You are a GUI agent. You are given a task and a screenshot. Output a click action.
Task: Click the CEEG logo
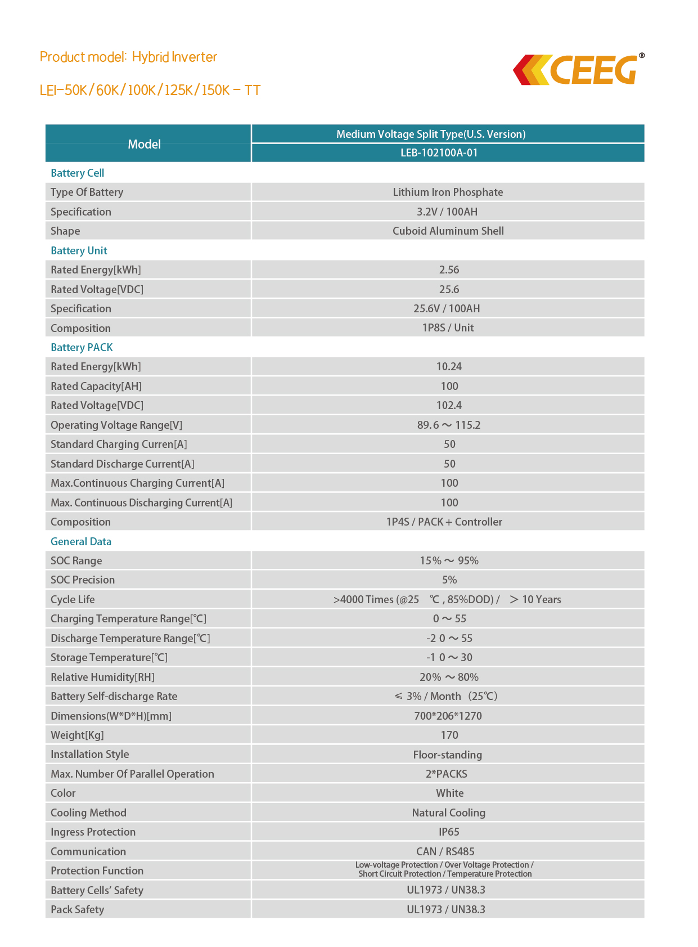pos(579,70)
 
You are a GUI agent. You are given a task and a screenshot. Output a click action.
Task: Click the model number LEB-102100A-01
pos(439,152)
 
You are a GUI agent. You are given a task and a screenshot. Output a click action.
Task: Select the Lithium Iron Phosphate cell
pos(448,192)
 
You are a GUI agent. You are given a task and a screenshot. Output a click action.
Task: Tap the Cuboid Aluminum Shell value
pos(448,231)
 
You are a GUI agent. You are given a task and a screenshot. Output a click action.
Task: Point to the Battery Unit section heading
pos(79,250)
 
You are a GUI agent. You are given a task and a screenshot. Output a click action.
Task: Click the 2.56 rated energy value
pos(449,270)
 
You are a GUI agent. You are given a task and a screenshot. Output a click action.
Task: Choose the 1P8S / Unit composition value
pos(448,327)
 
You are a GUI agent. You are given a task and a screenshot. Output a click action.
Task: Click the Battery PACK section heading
pos(82,347)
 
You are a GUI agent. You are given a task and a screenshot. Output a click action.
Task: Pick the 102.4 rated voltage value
pos(449,405)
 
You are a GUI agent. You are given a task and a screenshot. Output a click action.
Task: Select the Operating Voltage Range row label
pos(116,425)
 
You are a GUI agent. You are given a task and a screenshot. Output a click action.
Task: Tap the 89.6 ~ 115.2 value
pos(448,425)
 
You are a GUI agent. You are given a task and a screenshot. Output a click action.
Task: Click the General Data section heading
pos(81,541)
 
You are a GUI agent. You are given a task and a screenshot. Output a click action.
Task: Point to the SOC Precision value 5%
pos(449,580)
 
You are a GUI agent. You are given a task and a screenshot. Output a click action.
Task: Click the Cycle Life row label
pos(73,599)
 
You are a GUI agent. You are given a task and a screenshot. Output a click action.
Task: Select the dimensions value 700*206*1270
pos(448,716)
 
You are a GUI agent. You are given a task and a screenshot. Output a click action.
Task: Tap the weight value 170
pos(449,735)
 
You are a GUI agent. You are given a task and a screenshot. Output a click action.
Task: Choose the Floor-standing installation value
pos(447,755)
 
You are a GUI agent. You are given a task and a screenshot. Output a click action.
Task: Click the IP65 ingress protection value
pos(449,832)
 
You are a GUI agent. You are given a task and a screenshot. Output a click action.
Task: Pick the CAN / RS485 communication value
pos(445,851)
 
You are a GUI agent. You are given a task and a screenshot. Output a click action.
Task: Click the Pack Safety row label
pos(77,909)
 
